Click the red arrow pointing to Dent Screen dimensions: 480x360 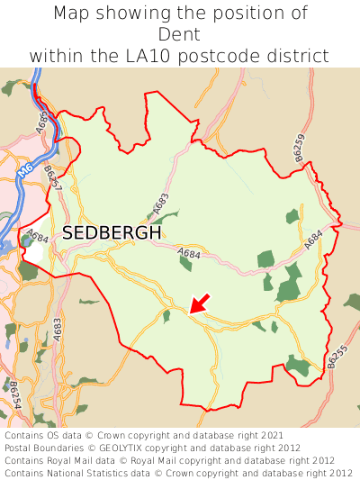pos(200,303)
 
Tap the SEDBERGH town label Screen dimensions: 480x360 pos(112,232)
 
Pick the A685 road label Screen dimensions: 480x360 pos(41,122)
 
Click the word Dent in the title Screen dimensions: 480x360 pos(179,34)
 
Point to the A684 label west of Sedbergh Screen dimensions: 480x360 pos(37,237)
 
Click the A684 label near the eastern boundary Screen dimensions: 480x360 pos(312,240)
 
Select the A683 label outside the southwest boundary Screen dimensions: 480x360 pos(58,329)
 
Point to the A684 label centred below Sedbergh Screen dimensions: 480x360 pos(189,254)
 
